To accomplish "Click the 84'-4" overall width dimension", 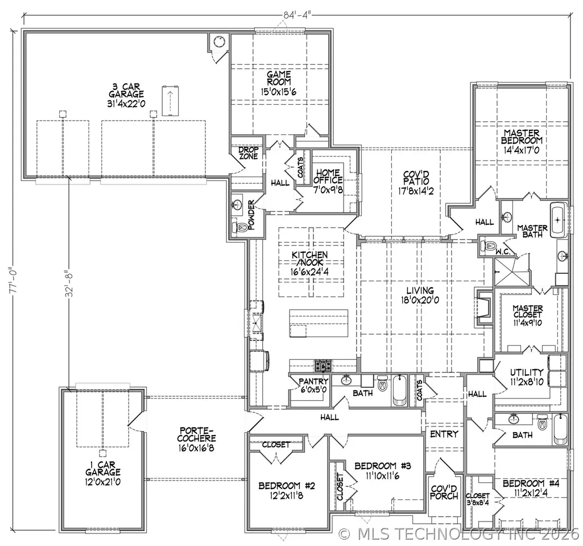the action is (x=297, y=14).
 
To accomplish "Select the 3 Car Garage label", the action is (x=126, y=95).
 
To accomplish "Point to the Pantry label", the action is (x=313, y=385).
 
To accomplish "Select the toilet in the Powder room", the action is (x=241, y=227).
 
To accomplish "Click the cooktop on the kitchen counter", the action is (x=323, y=366).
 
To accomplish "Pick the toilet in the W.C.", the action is (x=488, y=246).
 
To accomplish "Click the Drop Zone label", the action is (x=249, y=153).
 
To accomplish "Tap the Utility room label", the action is (x=527, y=377).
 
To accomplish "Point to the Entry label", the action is (x=444, y=434).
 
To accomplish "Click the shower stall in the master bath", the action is (x=511, y=271).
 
